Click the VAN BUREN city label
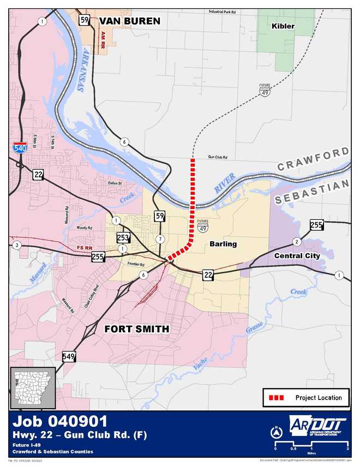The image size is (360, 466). coord(129,21)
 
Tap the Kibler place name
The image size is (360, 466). coord(283,26)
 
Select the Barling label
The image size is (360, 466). coord(223,244)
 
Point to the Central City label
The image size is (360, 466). coord(297,255)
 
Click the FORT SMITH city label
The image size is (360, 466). coord(136,329)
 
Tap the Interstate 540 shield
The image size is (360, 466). coord(19,146)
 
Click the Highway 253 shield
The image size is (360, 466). coord(123,237)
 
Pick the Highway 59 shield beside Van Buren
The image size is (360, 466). coord(85,21)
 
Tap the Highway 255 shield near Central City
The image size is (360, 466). coord(316,224)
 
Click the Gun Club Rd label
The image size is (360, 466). coord(217,157)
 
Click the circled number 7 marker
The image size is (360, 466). coord(160,239)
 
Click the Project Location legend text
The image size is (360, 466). coord(319,398)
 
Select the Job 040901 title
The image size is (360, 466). coord(60,422)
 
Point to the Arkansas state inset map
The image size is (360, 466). coord(33,387)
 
